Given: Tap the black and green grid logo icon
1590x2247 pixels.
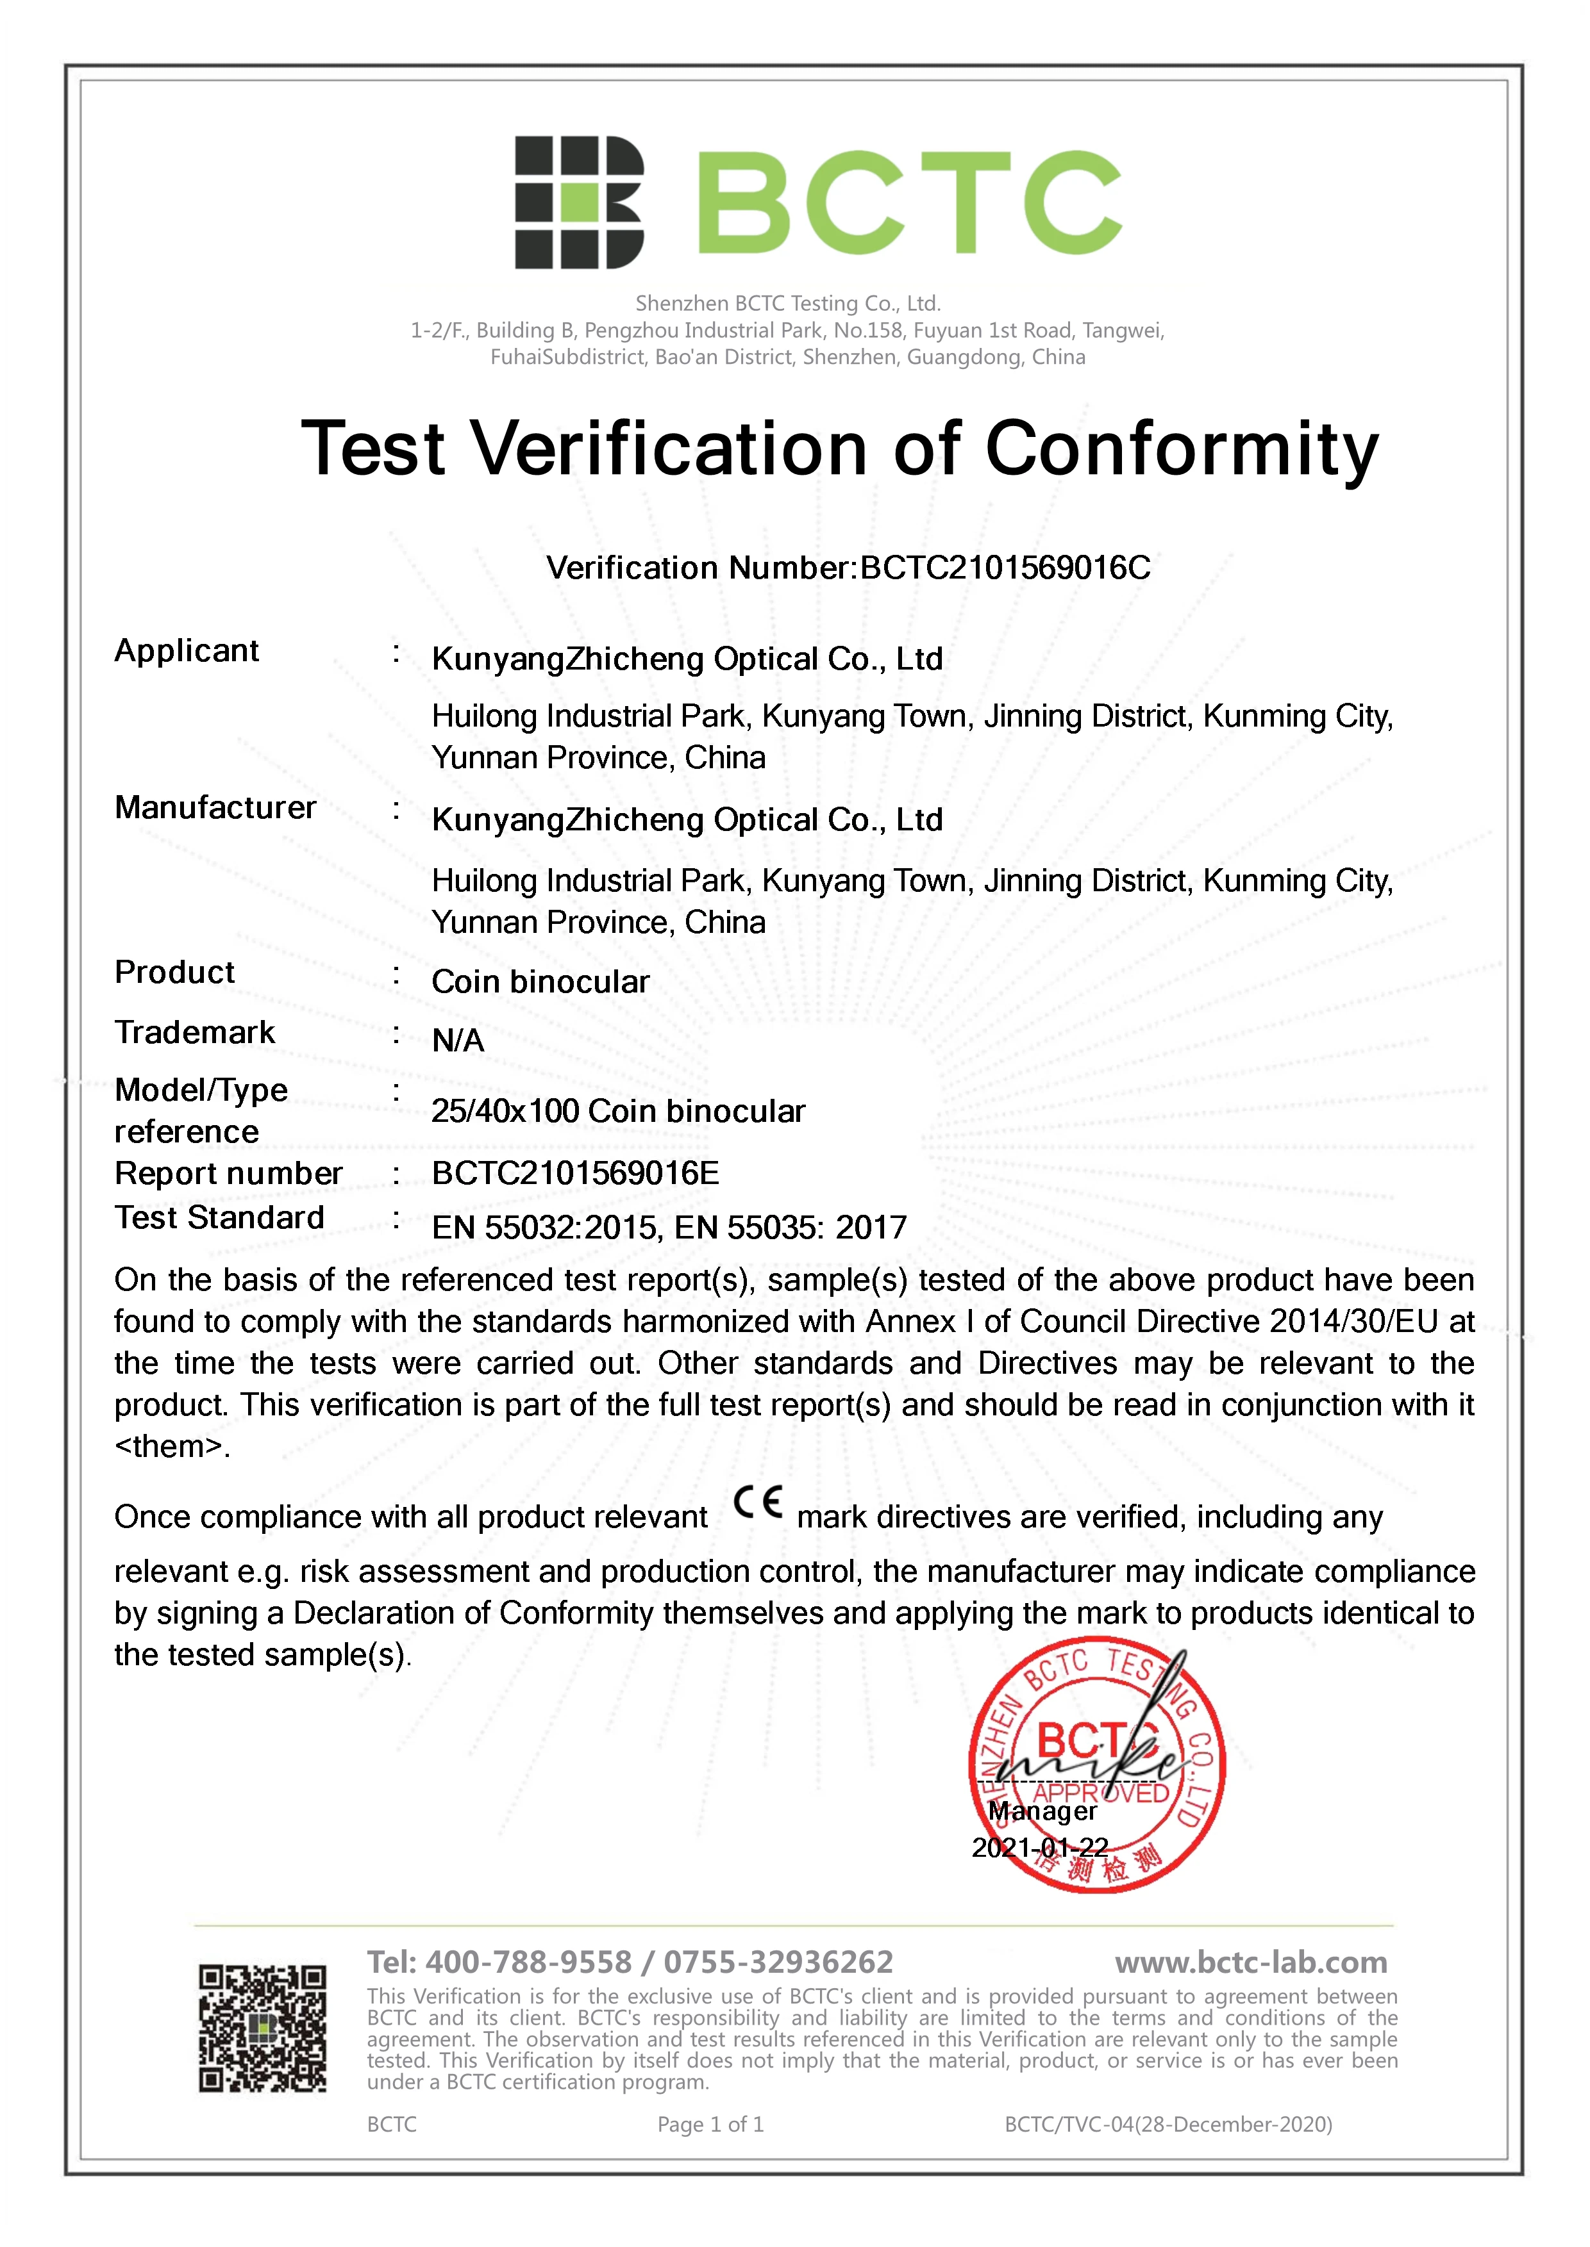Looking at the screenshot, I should click(580, 202).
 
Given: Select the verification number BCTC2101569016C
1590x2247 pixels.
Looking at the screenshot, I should click(1005, 568).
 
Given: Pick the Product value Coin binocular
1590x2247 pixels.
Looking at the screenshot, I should click(540, 982).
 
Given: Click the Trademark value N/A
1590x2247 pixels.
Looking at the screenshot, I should click(458, 1041).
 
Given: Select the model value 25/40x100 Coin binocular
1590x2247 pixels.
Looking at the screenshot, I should click(618, 1111).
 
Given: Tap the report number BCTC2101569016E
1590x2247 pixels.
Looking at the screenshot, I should click(576, 1173).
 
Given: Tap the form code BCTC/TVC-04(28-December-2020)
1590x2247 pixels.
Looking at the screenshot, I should click(1168, 2125).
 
